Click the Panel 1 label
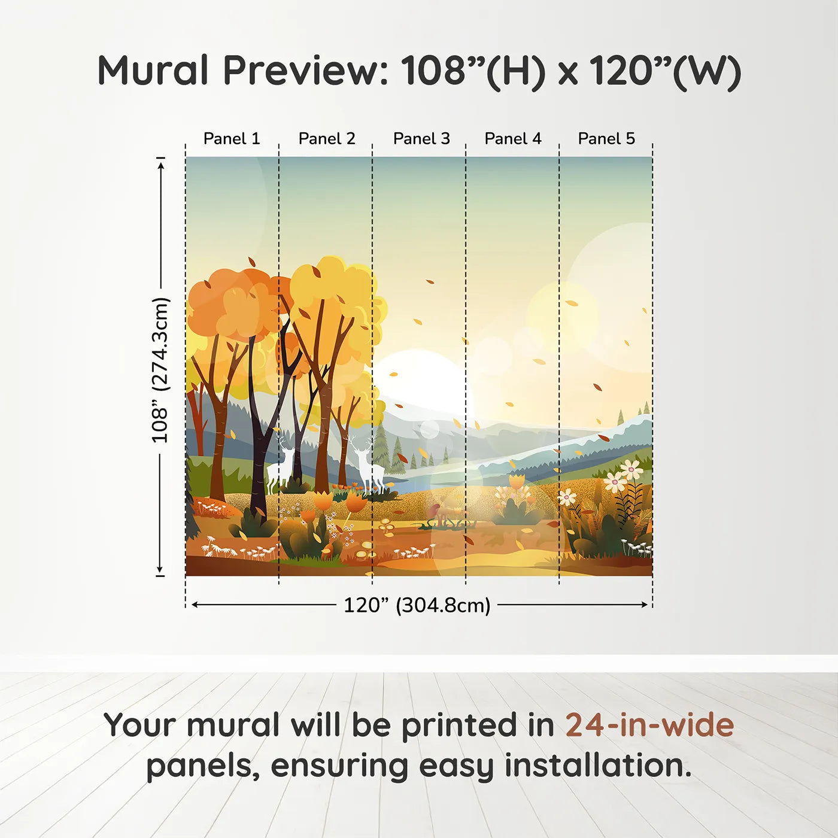(x=232, y=139)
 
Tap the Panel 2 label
(x=327, y=139)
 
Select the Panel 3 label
(x=421, y=139)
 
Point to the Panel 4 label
(x=513, y=139)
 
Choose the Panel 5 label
(x=606, y=139)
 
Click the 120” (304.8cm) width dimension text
(x=417, y=605)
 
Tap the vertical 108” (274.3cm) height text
(x=160, y=370)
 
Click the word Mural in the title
(x=153, y=71)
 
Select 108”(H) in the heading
(x=473, y=71)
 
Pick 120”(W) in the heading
(x=664, y=71)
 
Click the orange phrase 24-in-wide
(x=649, y=725)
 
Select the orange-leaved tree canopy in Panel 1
(x=233, y=305)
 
